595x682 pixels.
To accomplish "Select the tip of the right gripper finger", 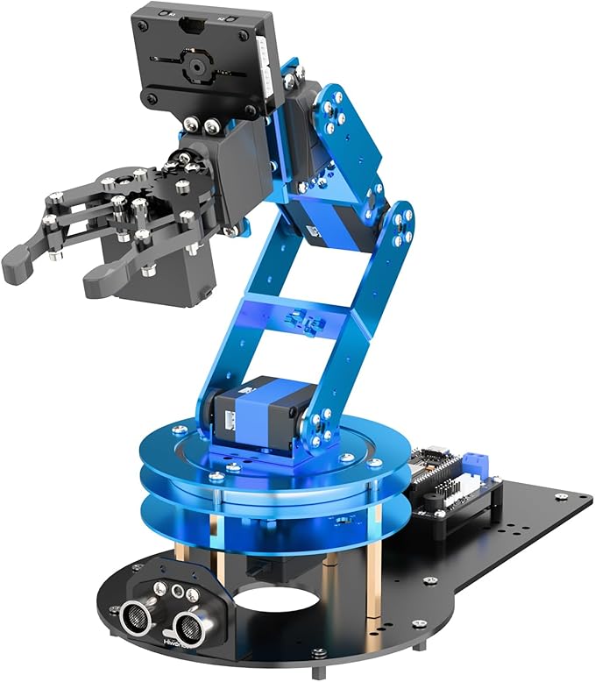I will [99, 285].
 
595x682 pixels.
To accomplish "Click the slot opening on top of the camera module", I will [188, 28].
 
